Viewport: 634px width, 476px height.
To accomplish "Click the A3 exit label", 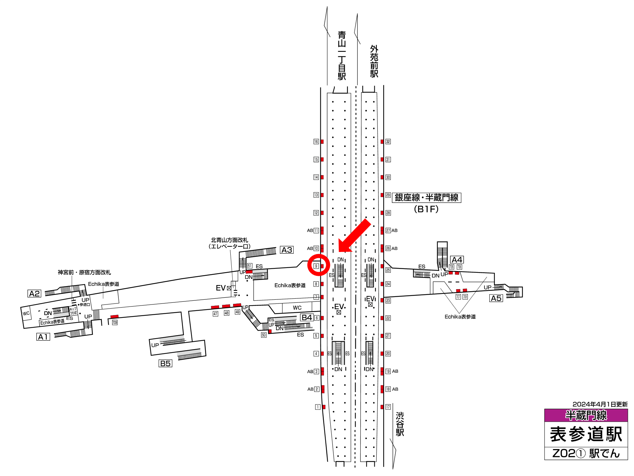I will click(287, 250).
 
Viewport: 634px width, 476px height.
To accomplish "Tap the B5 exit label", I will click(165, 363).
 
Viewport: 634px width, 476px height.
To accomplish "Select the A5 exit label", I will click(496, 298).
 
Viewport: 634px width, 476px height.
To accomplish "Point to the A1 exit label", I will click(43, 337).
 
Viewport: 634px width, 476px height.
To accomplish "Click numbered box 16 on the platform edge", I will click(316, 142).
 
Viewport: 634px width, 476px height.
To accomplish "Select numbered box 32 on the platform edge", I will click(388, 142).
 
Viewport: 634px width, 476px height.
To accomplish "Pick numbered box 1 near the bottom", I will click(318, 407).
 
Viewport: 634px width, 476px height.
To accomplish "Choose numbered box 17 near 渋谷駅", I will click(388, 407).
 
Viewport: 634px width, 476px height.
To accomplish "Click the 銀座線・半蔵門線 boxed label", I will click(427, 198).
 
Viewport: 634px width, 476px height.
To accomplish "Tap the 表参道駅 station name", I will click(586, 434).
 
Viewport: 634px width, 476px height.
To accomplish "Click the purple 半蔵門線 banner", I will click(586, 415).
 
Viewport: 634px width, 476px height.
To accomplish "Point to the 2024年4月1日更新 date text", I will click(600, 404).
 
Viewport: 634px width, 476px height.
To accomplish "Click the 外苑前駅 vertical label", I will click(374, 61).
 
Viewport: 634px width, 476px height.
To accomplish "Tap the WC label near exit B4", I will click(297, 308).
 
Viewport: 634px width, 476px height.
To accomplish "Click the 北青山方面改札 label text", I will click(229, 240).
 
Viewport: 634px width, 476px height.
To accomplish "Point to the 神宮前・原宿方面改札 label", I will click(84, 272).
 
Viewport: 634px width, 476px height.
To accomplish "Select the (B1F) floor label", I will click(426, 209).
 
